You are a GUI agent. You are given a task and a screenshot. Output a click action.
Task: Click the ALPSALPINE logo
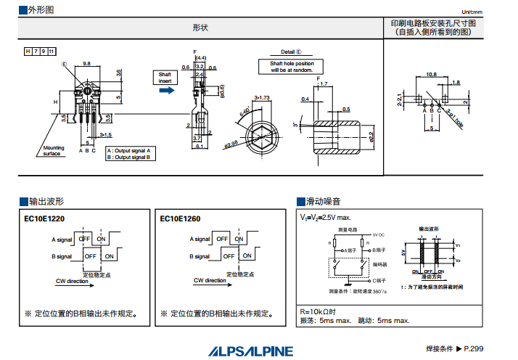pyautogui.click(x=252, y=351)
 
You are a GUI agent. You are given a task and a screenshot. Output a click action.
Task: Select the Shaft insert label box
pyautogui.click(x=165, y=78)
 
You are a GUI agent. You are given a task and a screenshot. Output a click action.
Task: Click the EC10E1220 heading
pyautogui.click(x=44, y=218)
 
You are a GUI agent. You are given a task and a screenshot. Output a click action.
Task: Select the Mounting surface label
pyautogui.click(x=52, y=151)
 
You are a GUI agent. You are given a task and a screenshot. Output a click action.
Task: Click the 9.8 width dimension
pyautogui.click(x=86, y=64)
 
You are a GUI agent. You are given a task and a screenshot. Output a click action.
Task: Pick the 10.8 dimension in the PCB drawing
pyautogui.click(x=431, y=74)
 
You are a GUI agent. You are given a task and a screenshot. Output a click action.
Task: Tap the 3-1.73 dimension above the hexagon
pyautogui.click(x=262, y=97)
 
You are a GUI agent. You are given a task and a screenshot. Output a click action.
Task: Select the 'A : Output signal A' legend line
pyautogui.click(x=129, y=150)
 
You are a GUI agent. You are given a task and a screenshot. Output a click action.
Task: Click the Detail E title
pyautogui.click(x=291, y=52)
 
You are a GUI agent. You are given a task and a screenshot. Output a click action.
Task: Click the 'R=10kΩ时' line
pyautogui.click(x=318, y=311)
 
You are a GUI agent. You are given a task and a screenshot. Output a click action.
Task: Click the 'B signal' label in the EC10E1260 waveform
pyautogui.click(x=200, y=255)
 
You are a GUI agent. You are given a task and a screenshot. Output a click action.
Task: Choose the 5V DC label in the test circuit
pyautogui.click(x=378, y=234)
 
